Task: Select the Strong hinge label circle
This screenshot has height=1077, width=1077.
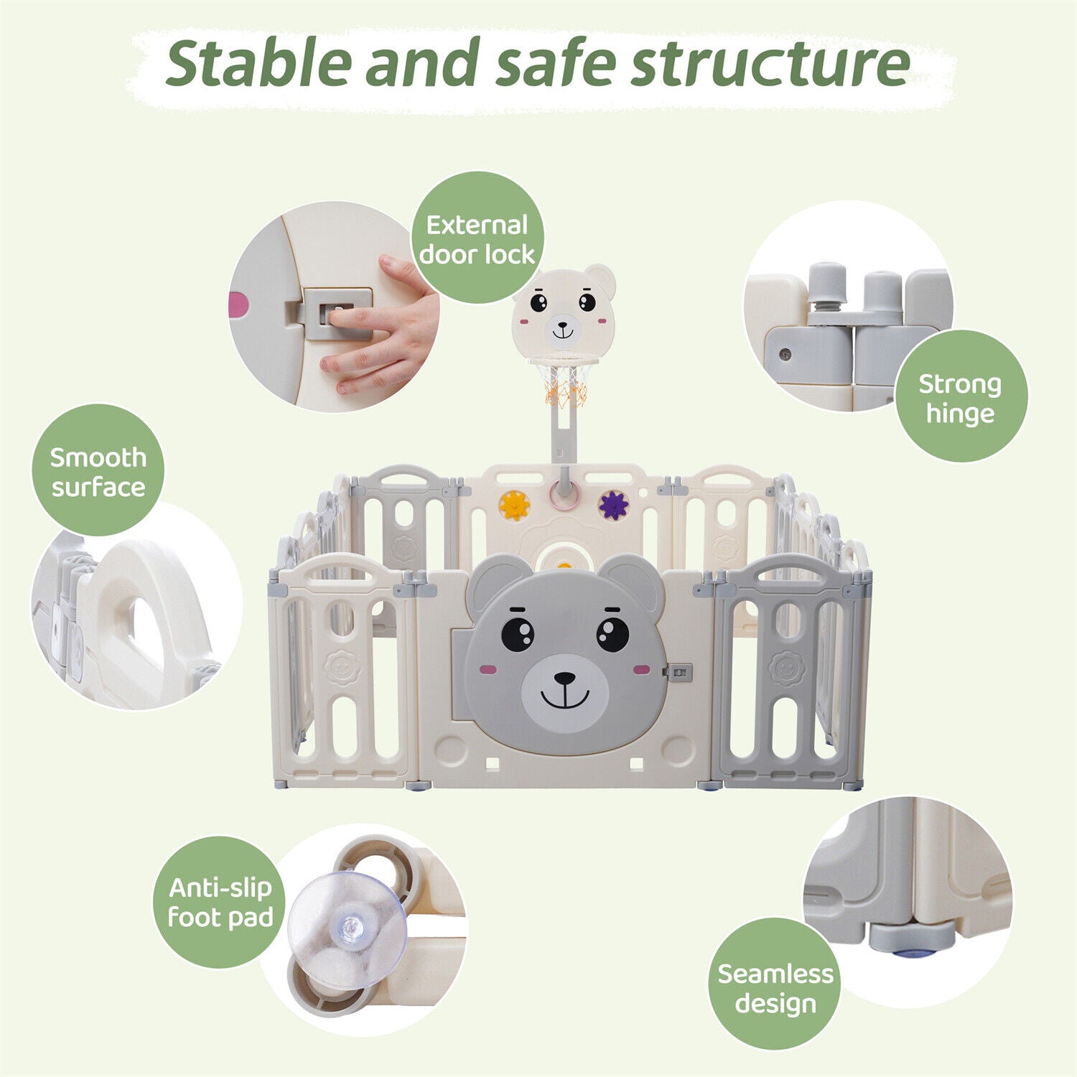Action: point(961,397)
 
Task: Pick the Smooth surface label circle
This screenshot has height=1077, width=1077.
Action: point(98,471)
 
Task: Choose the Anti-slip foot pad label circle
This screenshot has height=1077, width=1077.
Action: point(220,903)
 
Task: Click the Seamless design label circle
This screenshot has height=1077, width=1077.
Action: point(775,988)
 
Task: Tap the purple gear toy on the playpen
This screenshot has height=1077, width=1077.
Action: point(613,505)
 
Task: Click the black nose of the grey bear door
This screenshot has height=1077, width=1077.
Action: point(565,678)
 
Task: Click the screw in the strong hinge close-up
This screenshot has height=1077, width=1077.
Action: point(785,355)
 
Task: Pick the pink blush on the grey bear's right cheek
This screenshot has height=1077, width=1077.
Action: point(641,670)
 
